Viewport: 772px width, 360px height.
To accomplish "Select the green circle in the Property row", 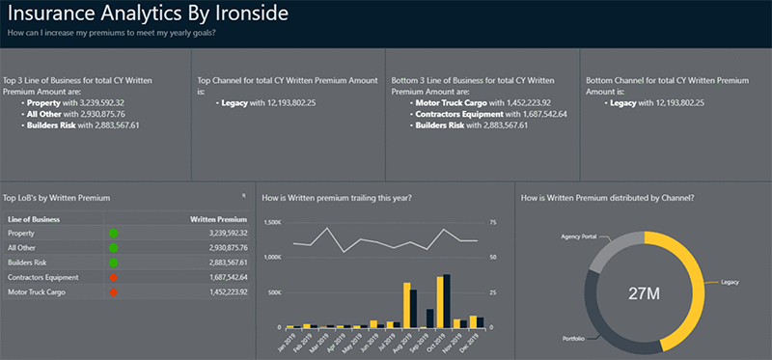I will [x=113, y=233].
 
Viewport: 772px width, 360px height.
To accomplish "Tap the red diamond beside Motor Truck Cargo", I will [x=113, y=291].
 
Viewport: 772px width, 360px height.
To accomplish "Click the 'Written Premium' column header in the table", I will [x=219, y=219].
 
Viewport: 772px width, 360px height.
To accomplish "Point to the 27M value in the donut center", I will [x=645, y=292].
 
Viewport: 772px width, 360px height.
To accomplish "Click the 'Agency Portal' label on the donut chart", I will [x=580, y=236].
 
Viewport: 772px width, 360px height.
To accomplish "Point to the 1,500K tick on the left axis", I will [x=271, y=222].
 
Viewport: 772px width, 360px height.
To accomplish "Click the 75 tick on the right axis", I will [x=493, y=222].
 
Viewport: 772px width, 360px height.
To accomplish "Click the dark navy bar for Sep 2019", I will [x=430, y=318].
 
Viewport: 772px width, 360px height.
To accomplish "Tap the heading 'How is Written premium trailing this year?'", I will [x=337, y=197].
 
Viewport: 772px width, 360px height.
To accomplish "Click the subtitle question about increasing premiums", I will [x=110, y=33].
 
